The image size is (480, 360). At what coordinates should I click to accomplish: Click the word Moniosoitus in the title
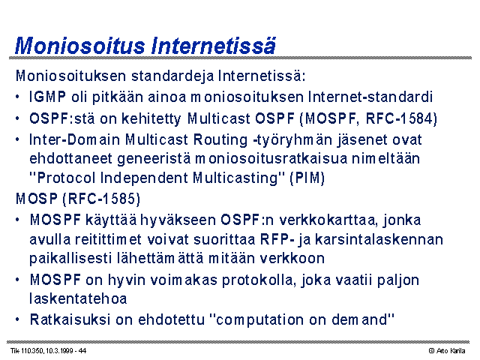(x=80, y=46)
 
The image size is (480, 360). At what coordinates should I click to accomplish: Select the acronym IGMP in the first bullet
(x=47, y=97)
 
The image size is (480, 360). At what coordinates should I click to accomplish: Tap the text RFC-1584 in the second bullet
(x=399, y=118)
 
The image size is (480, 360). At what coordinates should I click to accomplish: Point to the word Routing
(x=220, y=140)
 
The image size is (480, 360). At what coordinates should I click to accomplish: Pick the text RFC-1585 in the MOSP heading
(x=101, y=199)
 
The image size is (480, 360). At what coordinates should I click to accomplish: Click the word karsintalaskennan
(x=379, y=239)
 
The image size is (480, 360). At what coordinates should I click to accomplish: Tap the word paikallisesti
(x=70, y=258)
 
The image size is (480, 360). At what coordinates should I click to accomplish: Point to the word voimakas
(x=182, y=280)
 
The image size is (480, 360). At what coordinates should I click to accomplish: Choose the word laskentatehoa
(x=78, y=298)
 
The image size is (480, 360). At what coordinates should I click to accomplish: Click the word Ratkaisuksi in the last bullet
(x=70, y=320)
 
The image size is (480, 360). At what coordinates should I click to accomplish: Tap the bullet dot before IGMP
(x=17, y=97)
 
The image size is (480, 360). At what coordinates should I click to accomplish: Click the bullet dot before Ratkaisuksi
(x=17, y=320)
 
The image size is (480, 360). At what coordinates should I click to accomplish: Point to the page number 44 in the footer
(x=82, y=351)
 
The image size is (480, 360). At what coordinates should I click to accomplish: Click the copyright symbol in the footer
(x=431, y=351)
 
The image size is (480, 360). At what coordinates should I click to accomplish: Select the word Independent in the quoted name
(x=144, y=178)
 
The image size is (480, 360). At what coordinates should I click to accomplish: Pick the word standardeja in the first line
(x=172, y=76)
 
